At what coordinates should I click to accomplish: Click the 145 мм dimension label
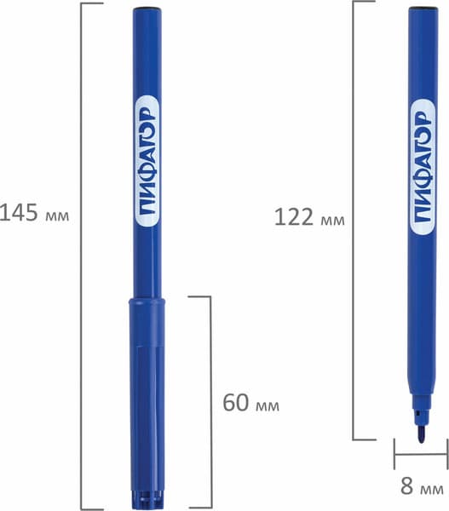coord(34,213)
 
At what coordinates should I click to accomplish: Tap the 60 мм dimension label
coord(250,403)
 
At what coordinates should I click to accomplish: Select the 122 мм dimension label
coord(309,217)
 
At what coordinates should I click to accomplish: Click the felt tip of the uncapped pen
coord(422,434)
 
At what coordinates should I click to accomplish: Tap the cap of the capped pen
coord(147,403)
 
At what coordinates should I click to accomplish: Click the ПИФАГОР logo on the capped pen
coord(147,162)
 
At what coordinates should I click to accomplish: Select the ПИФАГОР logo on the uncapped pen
coord(423,167)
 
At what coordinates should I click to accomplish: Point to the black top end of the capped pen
coord(147,9)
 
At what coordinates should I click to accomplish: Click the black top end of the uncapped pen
coord(423,8)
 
